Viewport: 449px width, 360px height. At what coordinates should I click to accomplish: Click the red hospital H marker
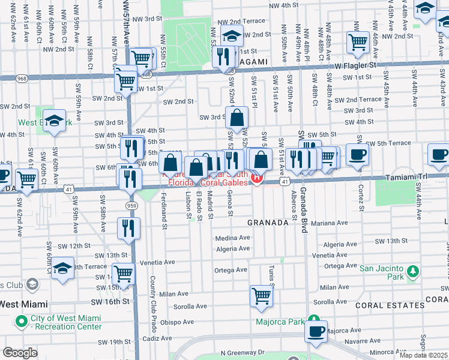257,178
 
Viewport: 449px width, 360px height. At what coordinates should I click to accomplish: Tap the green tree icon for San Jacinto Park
412,272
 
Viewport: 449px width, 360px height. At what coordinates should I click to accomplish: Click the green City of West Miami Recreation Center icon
22,322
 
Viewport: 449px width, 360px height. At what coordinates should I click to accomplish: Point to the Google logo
20,353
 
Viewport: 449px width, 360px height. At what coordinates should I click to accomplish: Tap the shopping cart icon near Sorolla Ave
261,295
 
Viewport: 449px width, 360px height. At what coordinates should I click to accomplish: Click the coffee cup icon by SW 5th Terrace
358,154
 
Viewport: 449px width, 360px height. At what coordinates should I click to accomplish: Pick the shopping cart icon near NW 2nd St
358,41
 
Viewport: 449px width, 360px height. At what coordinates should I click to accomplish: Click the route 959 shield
131,206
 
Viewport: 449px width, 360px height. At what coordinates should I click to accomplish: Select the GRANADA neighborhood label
269,223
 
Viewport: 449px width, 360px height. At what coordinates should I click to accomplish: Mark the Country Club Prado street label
153,296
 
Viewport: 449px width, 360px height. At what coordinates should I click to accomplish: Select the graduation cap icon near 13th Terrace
63,269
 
